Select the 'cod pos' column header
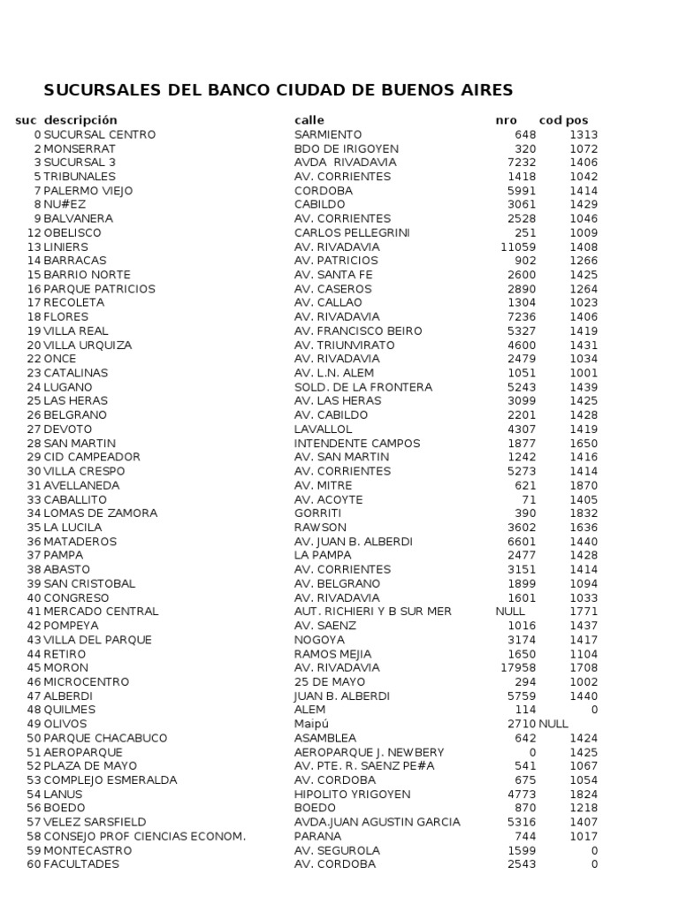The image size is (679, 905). [563, 120]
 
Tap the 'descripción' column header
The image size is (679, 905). [80, 120]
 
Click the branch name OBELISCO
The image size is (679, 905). [72, 232]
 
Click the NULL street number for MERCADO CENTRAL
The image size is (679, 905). [511, 612]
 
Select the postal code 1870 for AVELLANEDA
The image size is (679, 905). [584, 485]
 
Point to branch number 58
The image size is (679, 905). [34, 836]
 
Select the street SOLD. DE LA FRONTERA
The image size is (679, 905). [363, 387]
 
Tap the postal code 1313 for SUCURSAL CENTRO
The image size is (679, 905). [584, 134]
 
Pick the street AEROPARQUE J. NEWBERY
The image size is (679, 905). [370, 752]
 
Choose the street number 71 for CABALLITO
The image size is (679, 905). [529, 499]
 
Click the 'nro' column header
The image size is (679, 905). [506, 120]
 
